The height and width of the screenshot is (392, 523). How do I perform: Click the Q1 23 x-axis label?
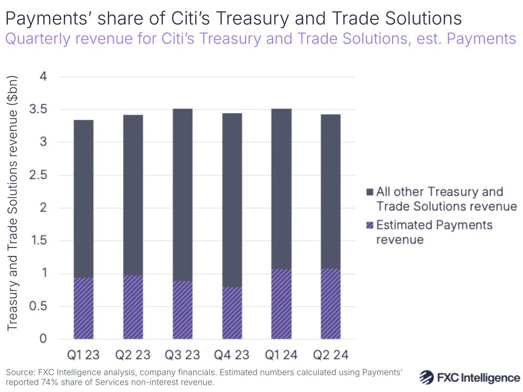tap(83, 355)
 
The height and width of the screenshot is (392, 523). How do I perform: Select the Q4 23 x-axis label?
tap(231, 355)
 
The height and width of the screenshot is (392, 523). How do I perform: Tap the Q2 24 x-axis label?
tap(330, 355)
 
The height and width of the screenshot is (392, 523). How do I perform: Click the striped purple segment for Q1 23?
tap(83, 308)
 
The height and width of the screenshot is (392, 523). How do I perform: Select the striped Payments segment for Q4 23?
tap(231, 313)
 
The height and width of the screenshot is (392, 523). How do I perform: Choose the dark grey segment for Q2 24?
tap(330, 192)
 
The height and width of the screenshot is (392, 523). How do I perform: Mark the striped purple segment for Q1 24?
tap(281, 304)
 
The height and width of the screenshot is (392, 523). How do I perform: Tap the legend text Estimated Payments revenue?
tap(434, 232)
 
